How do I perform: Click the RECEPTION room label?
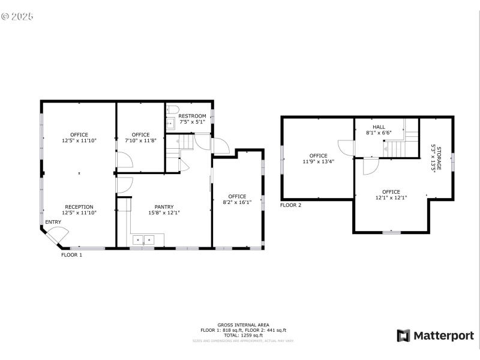pos(79,206)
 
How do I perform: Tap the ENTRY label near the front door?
pos(53,223)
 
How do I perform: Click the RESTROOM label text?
pos(192,116)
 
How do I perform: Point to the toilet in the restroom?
pos(172,110)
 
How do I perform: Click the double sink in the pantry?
pos(143,240)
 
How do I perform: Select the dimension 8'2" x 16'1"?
pos(237,202)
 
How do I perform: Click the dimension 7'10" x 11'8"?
pos(140,140)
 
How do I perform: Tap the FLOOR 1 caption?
pos(71,255)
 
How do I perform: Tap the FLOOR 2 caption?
pos(290,205)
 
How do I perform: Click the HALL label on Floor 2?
pos(379,127)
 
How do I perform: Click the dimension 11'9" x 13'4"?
pos(318,161)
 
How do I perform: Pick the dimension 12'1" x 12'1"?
pos(391,197)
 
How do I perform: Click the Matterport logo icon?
pos(403,335)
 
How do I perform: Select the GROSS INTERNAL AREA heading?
pos(243,325)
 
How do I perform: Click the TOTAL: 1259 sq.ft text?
pos(243,335)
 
